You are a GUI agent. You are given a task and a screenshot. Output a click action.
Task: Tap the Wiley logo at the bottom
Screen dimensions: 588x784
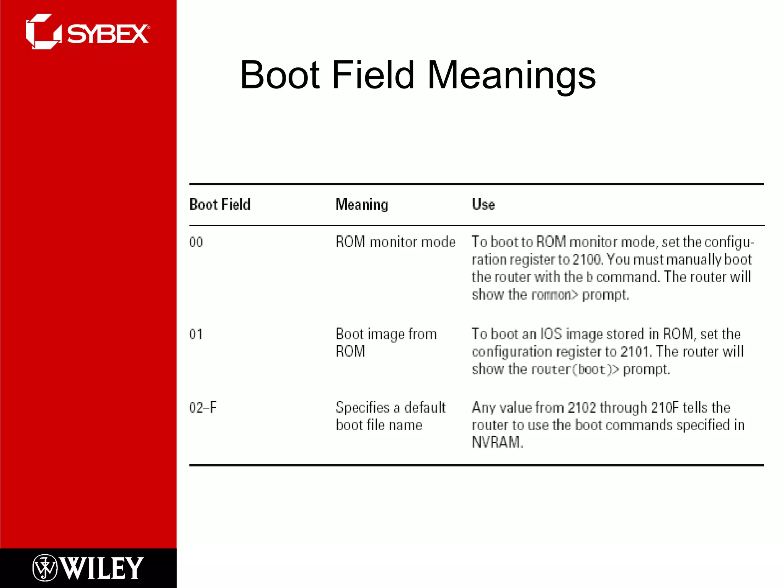pos(88,568)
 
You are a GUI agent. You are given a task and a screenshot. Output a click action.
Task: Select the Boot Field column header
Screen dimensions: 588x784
pos(220,204)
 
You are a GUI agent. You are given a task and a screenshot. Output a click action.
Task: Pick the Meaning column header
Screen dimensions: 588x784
pos(362,204)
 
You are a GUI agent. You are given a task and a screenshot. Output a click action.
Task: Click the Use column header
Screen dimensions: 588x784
pos(483,204)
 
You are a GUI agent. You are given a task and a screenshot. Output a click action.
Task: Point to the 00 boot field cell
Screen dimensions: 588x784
pos(196,242)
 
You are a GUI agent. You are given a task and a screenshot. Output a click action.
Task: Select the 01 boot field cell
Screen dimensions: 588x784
pos(196,334)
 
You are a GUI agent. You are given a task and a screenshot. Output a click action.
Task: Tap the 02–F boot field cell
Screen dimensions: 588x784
pos(203,407)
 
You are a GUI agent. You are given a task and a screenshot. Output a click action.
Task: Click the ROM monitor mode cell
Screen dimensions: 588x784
pos(395,242)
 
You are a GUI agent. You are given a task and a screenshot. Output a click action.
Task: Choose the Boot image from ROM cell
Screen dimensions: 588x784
pos(386,343)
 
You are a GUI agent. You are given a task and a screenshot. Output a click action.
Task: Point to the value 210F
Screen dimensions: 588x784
pos(665,407)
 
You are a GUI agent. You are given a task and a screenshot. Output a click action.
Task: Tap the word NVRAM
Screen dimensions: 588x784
pos(497,443)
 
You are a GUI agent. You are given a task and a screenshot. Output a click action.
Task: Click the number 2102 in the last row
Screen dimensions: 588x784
pos(582,407)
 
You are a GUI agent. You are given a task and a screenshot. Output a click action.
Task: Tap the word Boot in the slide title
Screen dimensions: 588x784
pos(280,75)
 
